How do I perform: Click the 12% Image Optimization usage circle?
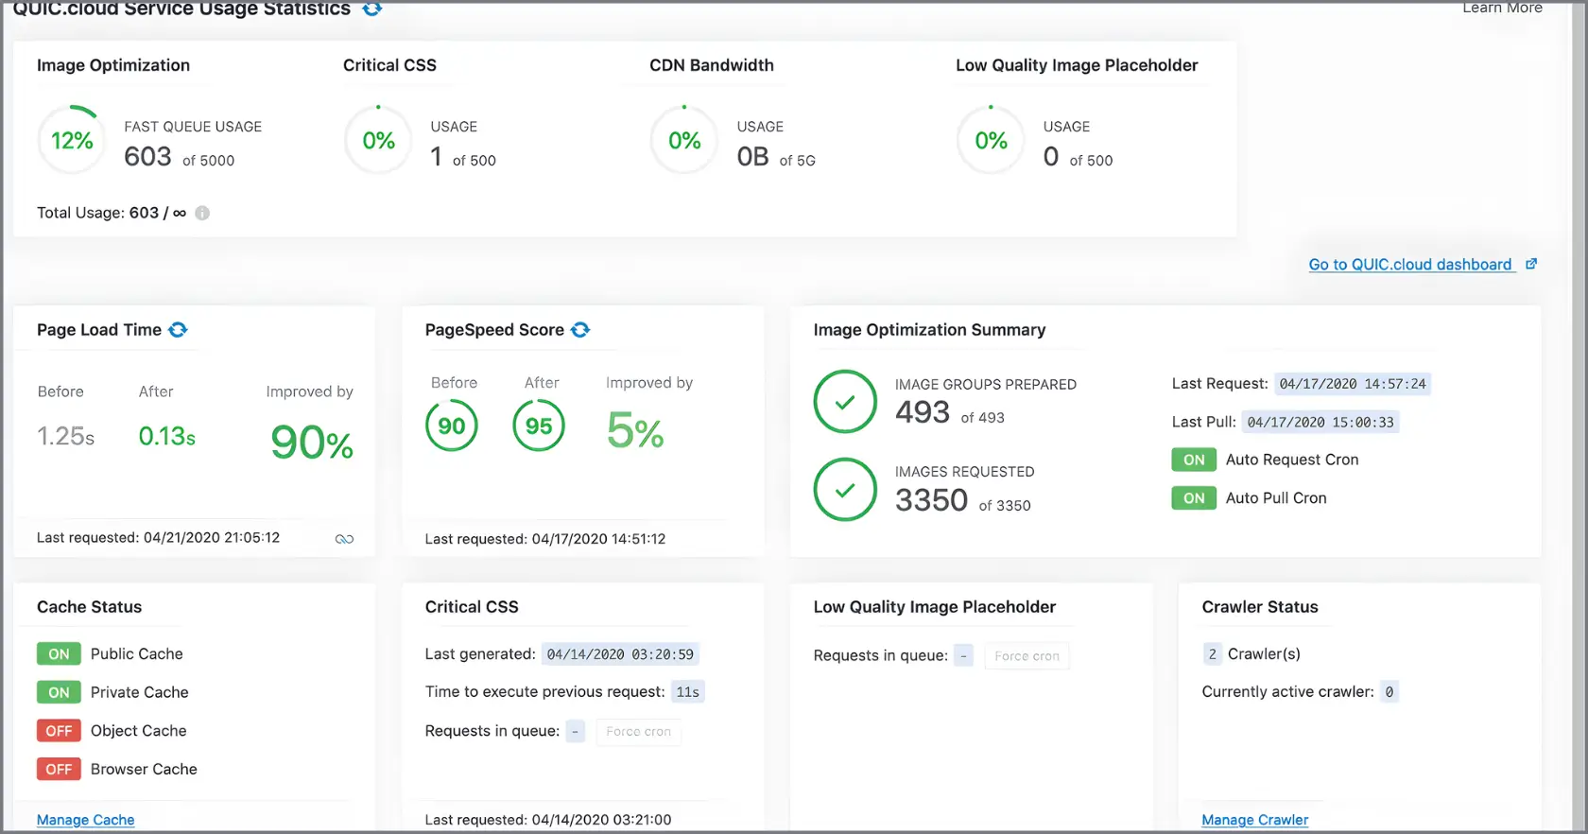point(72,141)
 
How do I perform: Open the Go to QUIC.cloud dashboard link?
point(1410,265)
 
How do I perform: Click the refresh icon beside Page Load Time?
point(178,330)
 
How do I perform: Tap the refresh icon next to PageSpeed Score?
point(580,330)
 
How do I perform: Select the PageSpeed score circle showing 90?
point(452,426)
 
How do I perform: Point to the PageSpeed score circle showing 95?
point(539,426)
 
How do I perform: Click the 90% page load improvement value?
point(312,442)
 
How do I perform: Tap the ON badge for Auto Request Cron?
point(1194,460)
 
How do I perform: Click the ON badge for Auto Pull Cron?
point(1194,498)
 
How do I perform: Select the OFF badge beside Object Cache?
point(59,731)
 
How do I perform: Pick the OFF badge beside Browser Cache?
point(59,770)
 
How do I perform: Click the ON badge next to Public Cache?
point(59,654)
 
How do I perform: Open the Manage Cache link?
point(86,820)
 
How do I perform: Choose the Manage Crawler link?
point(1254,820)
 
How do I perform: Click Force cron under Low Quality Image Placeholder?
point(1027,656)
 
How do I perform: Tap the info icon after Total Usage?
point(202,214)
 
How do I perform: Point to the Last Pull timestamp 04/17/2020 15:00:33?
point(1320,423)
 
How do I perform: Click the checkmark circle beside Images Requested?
point(845,490)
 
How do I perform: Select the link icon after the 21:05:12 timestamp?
point(344,539)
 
